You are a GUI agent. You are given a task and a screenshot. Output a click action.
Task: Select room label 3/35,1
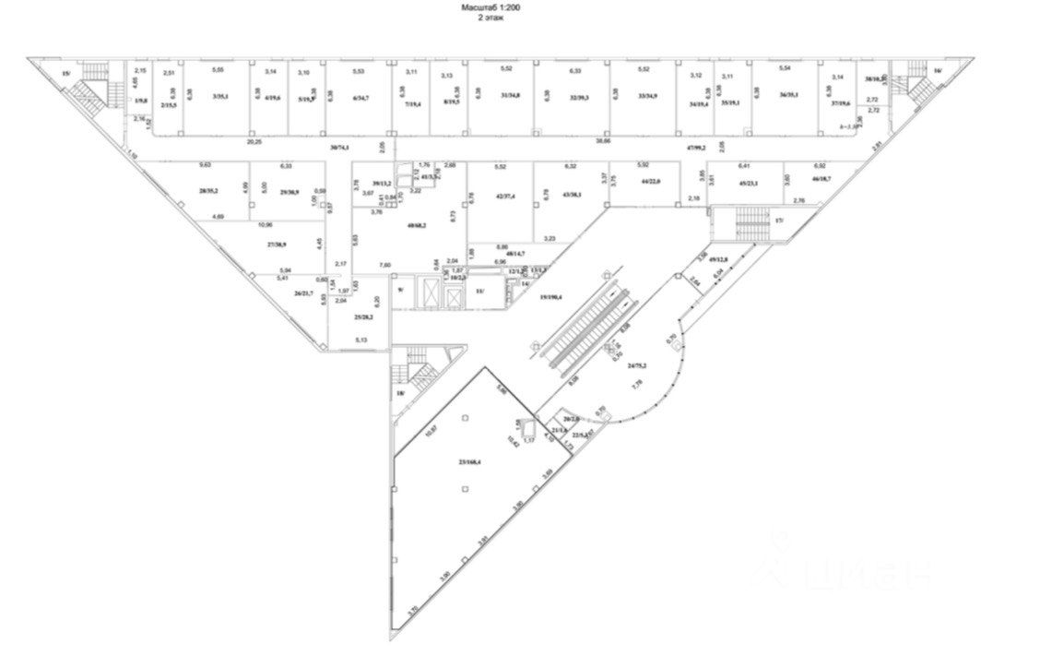point(219,96)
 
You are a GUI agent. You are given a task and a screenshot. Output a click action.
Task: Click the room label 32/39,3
point(579,96)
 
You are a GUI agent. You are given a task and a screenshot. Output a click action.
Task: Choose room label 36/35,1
point(787,95)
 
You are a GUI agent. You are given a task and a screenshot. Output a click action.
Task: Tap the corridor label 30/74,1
point(341,149)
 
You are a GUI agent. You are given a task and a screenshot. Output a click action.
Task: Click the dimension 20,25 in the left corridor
point(255,142)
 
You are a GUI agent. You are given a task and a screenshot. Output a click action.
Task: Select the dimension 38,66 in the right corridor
point(603,142)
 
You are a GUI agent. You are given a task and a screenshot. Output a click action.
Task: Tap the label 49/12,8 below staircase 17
point(719,260)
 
